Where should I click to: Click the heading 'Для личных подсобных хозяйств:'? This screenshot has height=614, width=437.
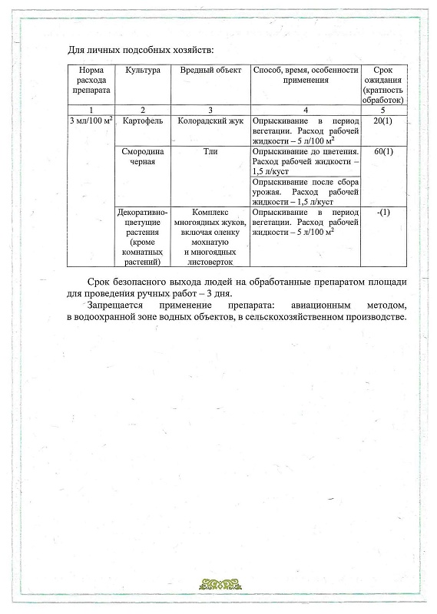pyautogui.click(x=139, y=51)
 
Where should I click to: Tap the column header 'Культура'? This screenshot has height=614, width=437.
pyautogui.click(x=141, y=70)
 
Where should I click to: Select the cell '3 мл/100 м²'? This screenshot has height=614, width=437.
pyautogui.click(x=91, y=121)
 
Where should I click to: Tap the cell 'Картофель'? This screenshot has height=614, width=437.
pyautogui.click(x=141, y=121)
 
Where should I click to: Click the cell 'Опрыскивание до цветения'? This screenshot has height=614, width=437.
pyautogui.click(x=305, y=162)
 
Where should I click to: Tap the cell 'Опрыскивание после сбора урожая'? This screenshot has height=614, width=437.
pyautogui.click(x=305, y=191)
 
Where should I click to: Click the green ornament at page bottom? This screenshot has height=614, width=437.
pyautogui.click(x=218, y=585)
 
